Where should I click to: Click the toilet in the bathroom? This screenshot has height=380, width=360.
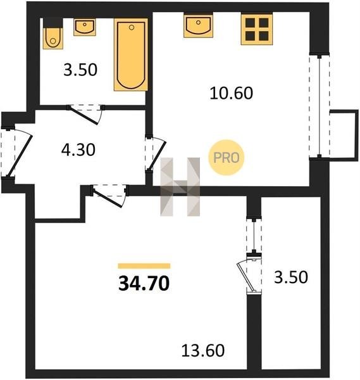click(53, 38)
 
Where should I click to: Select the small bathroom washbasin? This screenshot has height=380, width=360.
click(85, 27)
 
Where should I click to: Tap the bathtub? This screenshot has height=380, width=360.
click(131, 54)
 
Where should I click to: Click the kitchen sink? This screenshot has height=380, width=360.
click(198, 26)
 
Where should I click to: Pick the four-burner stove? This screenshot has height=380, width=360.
click(257, 29)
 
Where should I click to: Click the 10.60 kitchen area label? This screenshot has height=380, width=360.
click(231, 93)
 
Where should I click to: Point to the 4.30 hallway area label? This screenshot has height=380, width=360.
click(78, 149)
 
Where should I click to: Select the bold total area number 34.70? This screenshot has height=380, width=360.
click(144, 284)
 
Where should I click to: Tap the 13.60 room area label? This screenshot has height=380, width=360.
click(203, 350)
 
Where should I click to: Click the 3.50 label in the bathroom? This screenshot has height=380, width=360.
click(80, 70)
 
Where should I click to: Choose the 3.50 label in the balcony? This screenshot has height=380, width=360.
click(291, 277)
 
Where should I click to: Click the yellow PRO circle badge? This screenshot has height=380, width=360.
click(227, 158)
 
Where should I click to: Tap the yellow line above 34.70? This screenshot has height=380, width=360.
click(144, 266)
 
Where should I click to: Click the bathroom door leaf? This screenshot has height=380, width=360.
click(84, 115)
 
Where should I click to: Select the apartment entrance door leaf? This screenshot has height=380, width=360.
click(19, 155)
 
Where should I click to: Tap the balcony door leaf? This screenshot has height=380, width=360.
click(247, 277)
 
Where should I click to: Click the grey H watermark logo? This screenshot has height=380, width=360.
click(180, 187)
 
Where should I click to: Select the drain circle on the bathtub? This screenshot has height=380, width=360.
click(132, 27)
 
